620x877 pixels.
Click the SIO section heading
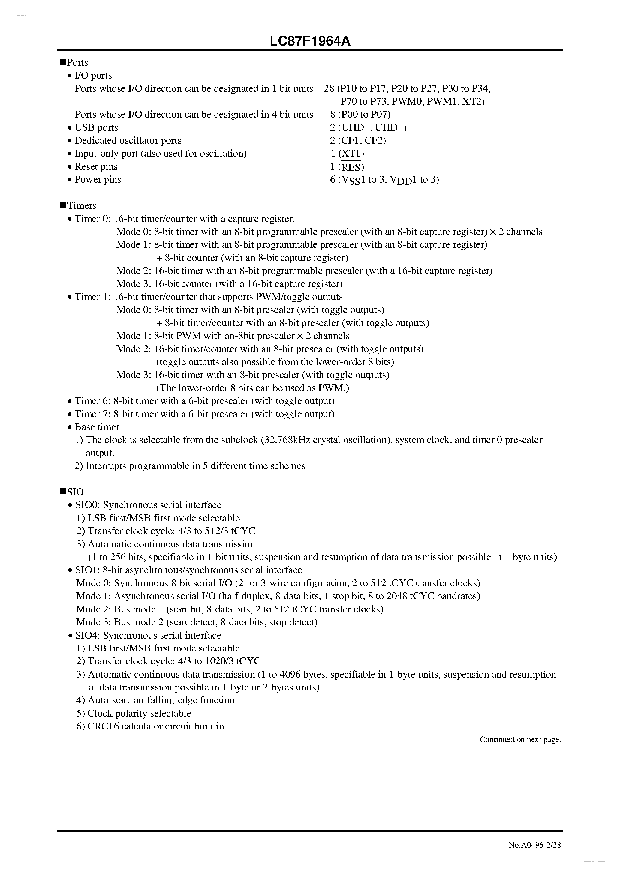click(x=75, y=492)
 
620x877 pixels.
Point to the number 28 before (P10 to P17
click(x=329, y=88)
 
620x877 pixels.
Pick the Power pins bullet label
click(x=98, y=180)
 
